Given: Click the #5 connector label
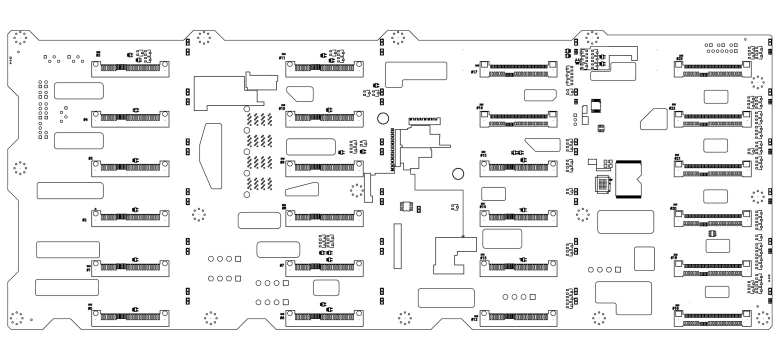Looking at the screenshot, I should [98, 54].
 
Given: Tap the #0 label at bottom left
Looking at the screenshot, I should [90, 308].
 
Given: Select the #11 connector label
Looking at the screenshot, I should [282, 57].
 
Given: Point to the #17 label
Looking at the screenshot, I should [474, 72].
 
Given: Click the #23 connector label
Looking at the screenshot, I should [679, 58].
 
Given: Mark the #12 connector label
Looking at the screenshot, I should [474, 319].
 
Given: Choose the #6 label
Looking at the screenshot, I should [282, 317].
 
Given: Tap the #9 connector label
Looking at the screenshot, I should [282, 162].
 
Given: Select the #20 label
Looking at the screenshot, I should [673, 208].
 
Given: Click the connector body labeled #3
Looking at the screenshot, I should [130, 168].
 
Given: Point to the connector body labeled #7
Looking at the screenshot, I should [324, 268].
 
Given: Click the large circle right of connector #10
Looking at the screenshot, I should [383, 118].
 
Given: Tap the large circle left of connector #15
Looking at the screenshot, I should [458, 173].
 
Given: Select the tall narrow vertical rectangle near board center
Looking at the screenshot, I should [397, 246].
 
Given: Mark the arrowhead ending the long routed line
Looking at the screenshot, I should [463, 236].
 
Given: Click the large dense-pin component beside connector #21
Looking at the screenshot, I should [628, 179].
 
